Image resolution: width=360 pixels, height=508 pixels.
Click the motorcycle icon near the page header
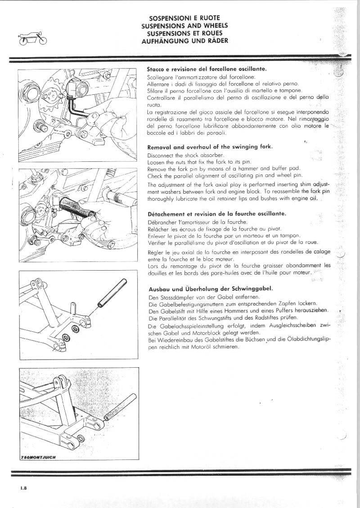(32, 39)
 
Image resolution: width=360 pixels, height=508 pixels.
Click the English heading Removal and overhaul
(211, 147)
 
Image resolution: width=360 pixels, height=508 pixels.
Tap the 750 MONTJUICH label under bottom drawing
(38, 457)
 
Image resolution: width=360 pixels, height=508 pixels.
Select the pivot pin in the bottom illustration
(120, 407)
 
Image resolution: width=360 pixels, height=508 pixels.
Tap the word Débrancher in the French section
(162, 222)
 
